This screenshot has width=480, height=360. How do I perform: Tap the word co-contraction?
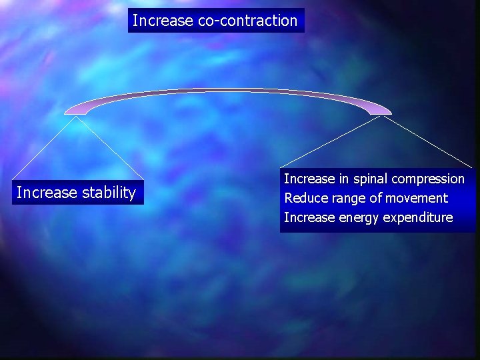pos(247,21)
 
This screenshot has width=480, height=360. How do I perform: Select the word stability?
pos(109,193)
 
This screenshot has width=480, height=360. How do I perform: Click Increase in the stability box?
pos(47,193)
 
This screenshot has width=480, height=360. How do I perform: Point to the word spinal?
pos(370,179)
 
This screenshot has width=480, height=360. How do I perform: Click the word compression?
pos(428,179)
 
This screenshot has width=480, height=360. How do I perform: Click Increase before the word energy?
pos(309,217)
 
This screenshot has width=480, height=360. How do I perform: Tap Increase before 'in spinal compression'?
pos(309,179)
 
